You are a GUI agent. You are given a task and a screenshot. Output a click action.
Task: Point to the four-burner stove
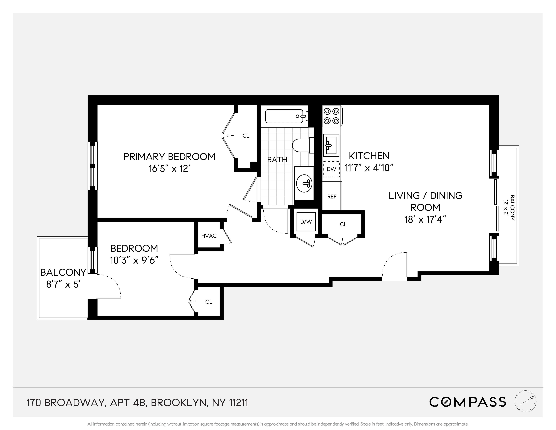[332, 116]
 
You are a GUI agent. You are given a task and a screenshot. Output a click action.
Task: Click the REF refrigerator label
[332, 196]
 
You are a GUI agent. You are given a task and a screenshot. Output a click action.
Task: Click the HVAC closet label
[209, 236]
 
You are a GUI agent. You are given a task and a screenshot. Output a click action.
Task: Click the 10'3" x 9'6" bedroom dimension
[134, 260]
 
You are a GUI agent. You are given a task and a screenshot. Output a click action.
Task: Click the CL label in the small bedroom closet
[209, 302]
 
